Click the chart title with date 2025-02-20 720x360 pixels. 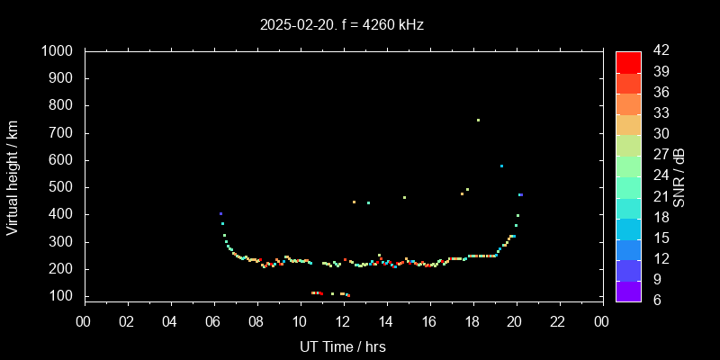(341, 25)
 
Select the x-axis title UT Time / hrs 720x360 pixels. (343, 346)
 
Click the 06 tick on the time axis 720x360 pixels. (213, 321)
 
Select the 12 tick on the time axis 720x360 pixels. (343, 321)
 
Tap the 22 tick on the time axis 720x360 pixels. (559, 321)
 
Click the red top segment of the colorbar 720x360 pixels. (628, 61)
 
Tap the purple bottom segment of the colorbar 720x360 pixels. (628, 290)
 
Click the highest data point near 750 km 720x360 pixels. (478, 120)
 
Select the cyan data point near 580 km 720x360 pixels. (501, 166)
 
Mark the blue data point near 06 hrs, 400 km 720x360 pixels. (220, 213)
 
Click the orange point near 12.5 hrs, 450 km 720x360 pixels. (354, 202)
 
